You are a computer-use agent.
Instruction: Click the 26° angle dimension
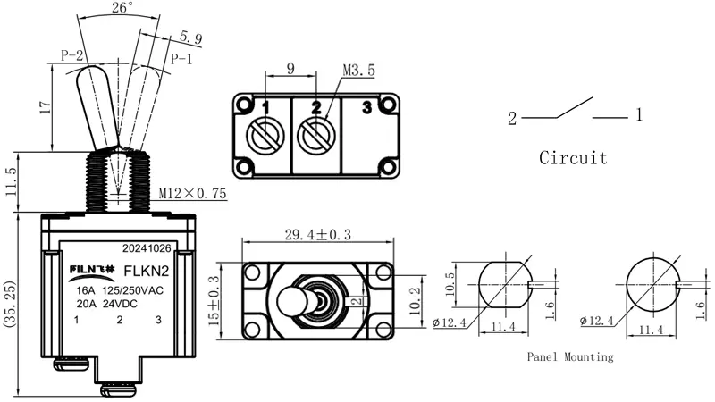(122, 8)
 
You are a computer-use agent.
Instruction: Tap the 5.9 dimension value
(191, 38)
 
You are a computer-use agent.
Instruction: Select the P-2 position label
(72, 55)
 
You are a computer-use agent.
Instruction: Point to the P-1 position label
(181, 59)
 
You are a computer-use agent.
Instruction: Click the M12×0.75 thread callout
(192, 193)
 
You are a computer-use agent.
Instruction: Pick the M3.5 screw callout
(359, 71)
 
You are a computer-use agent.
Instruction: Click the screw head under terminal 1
(265, 136)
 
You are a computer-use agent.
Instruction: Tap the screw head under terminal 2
(316, 136)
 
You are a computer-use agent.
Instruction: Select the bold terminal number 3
(367, 107)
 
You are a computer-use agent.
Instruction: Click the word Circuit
(573, 158)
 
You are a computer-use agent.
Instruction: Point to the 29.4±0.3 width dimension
(318, 235)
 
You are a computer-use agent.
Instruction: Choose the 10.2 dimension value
(415, 301)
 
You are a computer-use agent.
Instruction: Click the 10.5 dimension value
(450, 284)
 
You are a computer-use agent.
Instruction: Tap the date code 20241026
(147, 248)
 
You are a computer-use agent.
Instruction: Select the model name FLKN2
(147, 272)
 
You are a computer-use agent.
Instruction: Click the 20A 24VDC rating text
(106, 304)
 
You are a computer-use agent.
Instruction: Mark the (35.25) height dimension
(10, 304)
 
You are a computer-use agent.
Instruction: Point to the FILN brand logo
(92, 270)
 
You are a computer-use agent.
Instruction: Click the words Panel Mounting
(570, 356)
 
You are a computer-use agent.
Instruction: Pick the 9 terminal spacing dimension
(290, 69)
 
